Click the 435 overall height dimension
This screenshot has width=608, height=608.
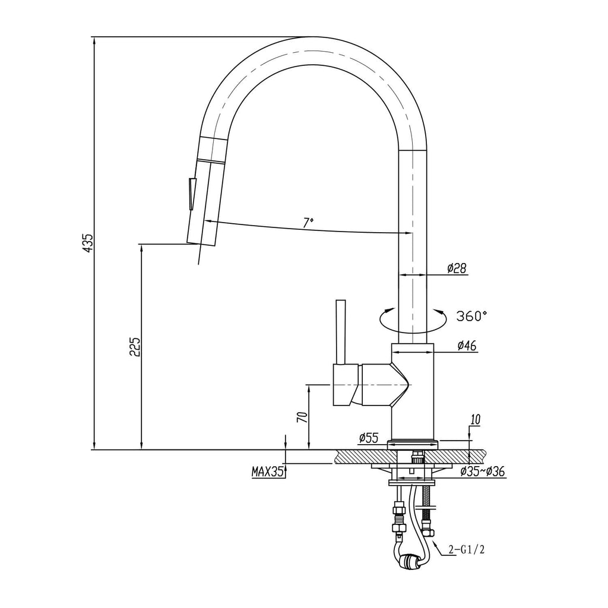(x=89, y=243)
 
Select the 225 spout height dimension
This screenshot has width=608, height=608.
(x=135, y=347)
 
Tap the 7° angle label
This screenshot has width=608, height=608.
(x=308, y=223)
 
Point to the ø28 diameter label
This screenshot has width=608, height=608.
(x=457, y=268)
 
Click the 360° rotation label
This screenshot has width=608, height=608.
(x=471, y=316)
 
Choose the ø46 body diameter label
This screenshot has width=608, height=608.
(x=467, y=346)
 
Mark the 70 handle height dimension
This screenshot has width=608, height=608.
(x=303, y=416)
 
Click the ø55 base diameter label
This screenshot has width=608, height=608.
(x=369, y=438)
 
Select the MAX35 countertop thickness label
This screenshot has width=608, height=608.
(x=268, y=472)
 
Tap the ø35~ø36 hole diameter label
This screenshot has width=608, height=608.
(x=483, y=471)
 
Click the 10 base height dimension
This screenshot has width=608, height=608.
(x=476, y=420)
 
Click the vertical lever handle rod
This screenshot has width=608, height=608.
(x=340, y=332)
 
